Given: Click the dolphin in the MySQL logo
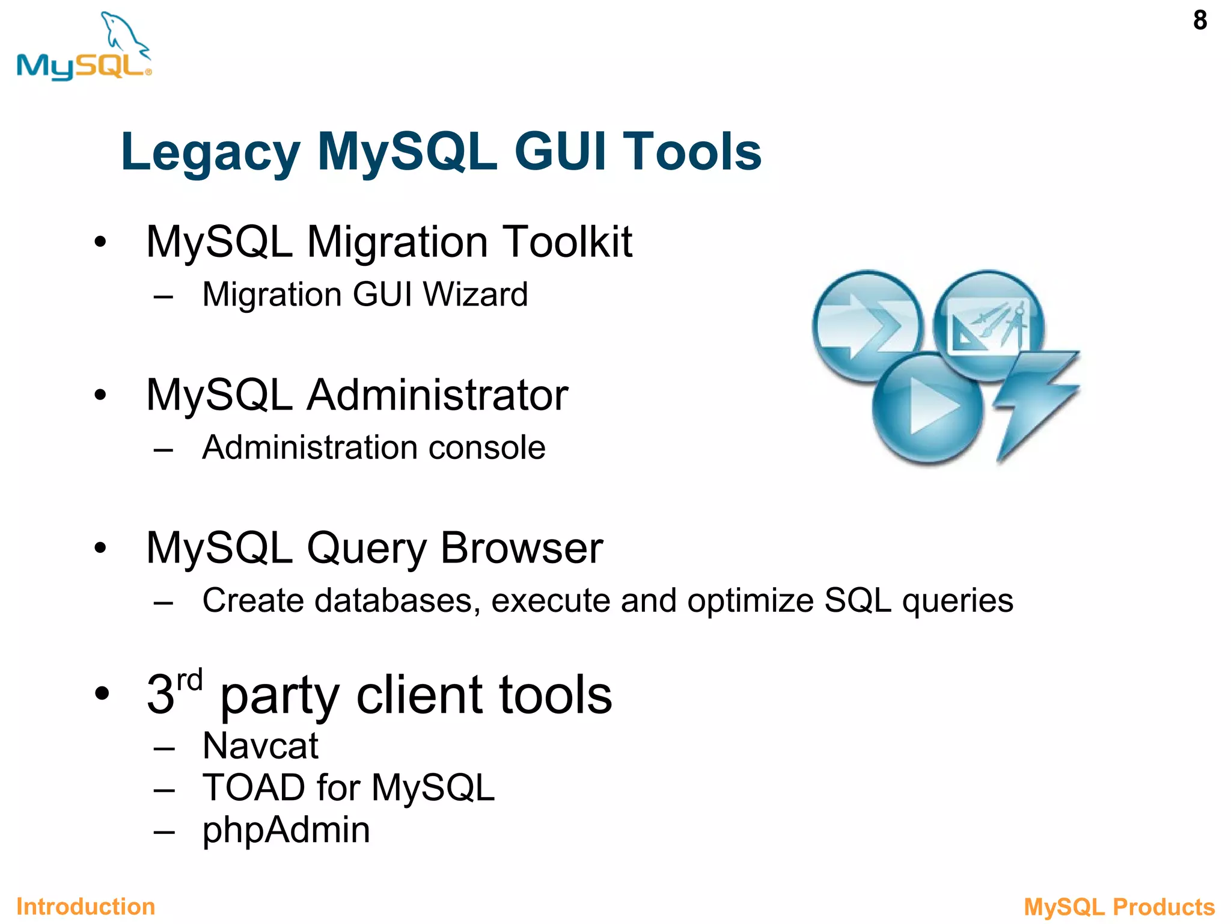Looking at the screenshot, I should click(x=123, y=33).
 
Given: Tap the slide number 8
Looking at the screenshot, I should click(x=1200, y=20).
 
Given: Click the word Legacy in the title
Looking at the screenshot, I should click(x=210, y=153).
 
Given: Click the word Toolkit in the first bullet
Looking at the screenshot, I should click(x=567, y=242).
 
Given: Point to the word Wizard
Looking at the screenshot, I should click(x=475, y=295).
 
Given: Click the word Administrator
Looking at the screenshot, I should click(x=437, y=395).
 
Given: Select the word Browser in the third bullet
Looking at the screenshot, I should click(x=521, y=548).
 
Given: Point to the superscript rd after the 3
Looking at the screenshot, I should click(x=190, y=680).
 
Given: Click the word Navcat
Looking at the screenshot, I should click(x=260, y=747).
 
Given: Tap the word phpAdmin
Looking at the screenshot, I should click(x=286, y=830).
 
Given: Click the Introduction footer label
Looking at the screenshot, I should click(x=85, y=907).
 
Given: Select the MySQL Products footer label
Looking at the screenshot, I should click(x=1119, y=907).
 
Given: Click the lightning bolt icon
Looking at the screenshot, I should click(x=1035, y=403).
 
